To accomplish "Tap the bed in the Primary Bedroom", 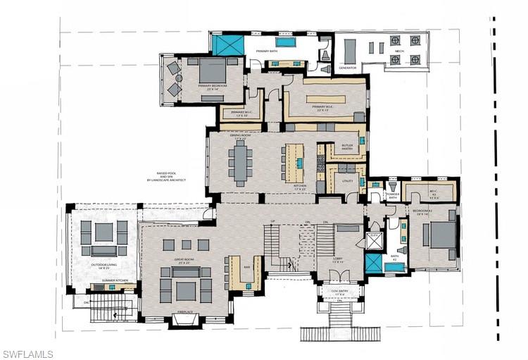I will pos(212,70).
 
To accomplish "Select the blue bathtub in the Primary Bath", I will pos(284,43).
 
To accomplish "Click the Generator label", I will pos(348,68).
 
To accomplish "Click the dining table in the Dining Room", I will pos(241,163).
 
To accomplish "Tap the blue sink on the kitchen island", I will pos(299,163).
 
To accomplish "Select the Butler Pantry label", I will pos(347,147).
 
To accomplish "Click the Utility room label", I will pos(346,181).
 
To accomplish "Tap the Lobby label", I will pos(338,259).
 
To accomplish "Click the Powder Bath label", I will pos(393,196).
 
